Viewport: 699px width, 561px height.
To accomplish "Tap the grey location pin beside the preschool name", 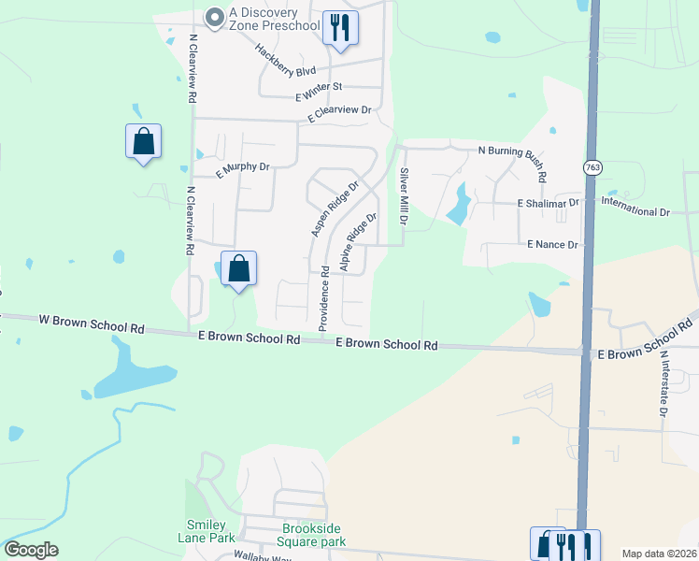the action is coord(215,17).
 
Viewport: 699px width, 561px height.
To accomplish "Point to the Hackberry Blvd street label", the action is coord(286,63).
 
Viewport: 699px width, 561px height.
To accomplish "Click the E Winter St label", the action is coord(320,91).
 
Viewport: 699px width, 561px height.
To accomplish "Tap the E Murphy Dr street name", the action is coord(242,169).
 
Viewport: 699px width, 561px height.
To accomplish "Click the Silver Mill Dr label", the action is coord(404,196).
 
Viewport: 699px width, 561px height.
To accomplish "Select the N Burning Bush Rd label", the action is coord(512,159).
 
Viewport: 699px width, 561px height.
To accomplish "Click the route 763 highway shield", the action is coord(592,167).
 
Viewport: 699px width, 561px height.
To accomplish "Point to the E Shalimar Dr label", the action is coord(549,203).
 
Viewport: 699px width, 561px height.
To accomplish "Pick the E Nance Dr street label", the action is coord(553,244).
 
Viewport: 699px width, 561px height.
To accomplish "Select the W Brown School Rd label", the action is coord(92,324).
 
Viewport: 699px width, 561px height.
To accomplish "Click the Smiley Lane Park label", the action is coord(207,531).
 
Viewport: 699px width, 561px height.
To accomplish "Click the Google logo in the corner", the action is coord(31,550).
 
